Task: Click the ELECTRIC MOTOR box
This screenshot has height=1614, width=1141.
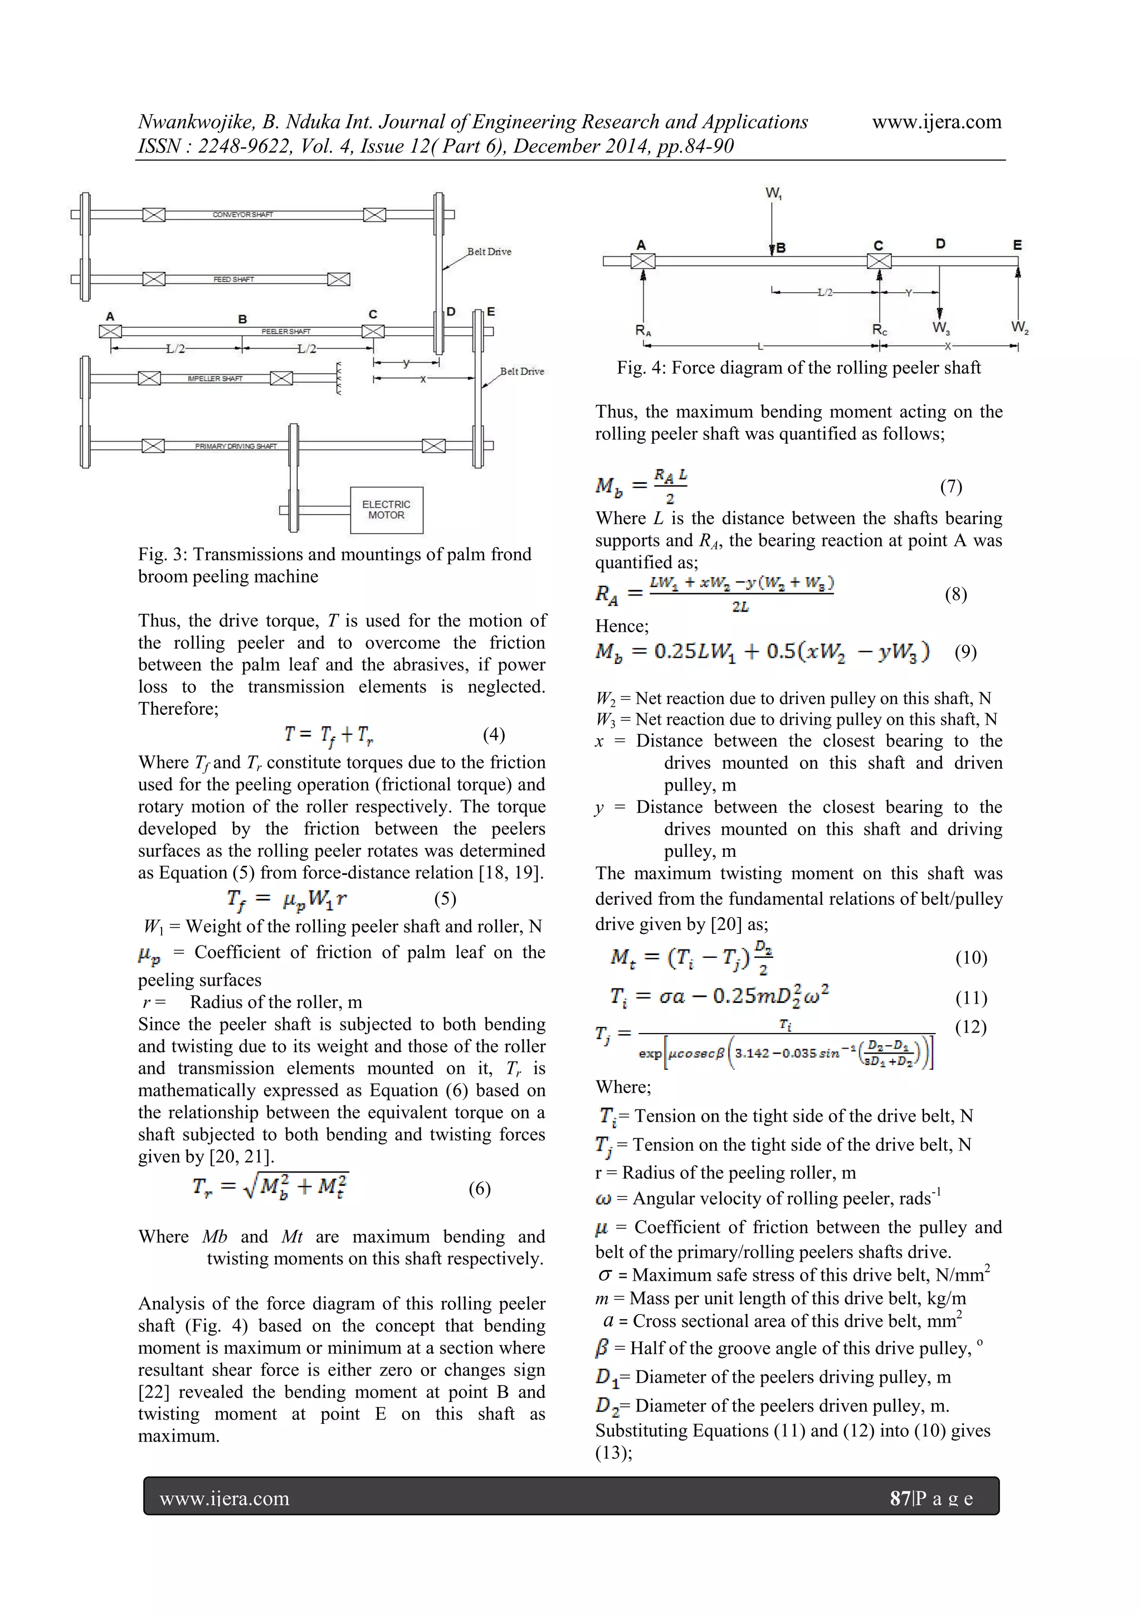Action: (387, 510)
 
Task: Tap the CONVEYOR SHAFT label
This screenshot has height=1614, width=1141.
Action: (242, 215)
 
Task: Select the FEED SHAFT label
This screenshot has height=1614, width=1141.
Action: (233, 279)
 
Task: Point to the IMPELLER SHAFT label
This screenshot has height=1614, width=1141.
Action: (214, 378)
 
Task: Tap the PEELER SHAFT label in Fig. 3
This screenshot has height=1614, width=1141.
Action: (286, 331)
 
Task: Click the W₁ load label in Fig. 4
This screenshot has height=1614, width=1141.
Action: (773, 192)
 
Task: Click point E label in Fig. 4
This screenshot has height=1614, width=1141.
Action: (1017, 245)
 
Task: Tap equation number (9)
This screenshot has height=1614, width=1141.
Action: (966, 652)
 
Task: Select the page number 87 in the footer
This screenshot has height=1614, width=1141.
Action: (899, 1498)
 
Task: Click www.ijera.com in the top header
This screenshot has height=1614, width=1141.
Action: (937, 122)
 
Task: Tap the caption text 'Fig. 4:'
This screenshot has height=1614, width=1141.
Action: (641, 367)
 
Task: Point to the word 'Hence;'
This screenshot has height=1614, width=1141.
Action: (622, 626)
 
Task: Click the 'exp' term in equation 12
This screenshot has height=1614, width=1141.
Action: (650, 1053)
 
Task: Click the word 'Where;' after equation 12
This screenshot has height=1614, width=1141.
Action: (623, 1087)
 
